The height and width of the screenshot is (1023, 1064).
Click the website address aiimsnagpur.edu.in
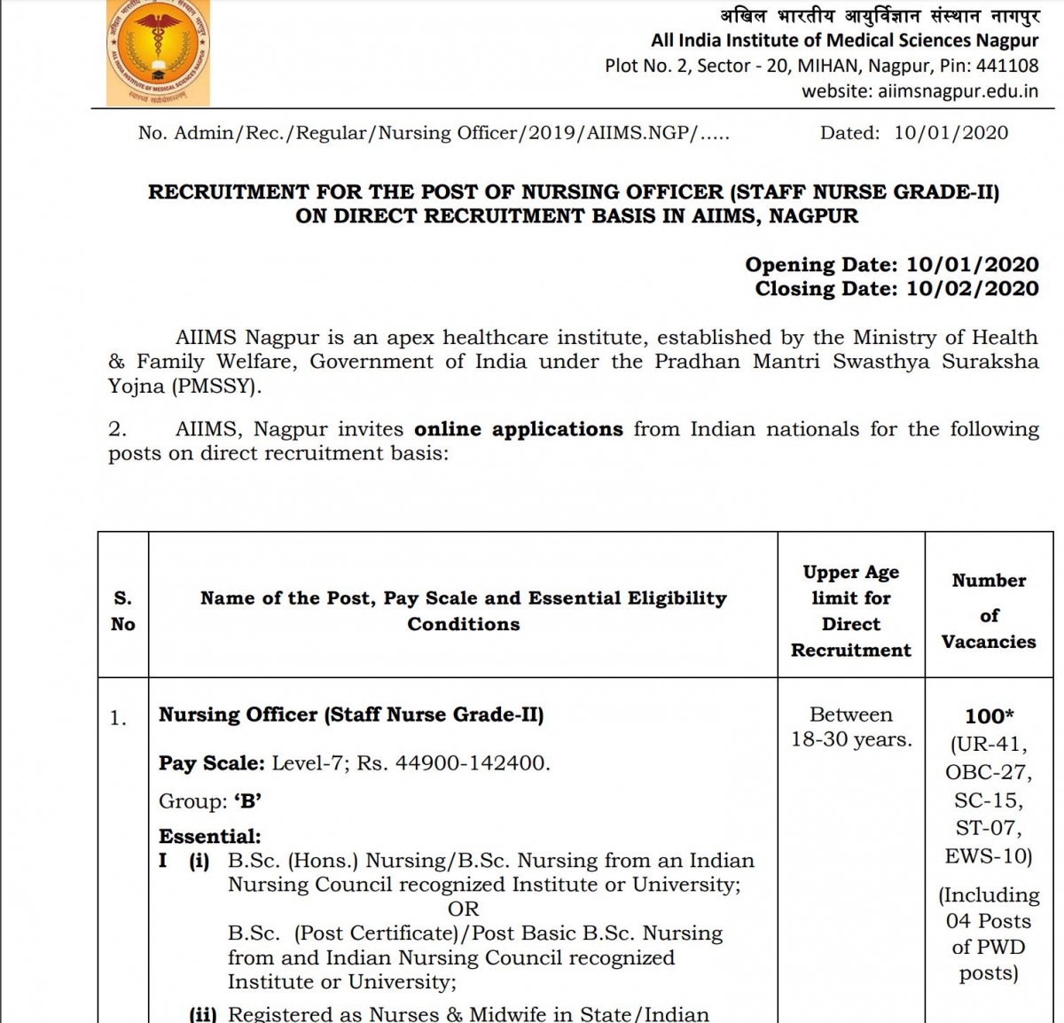[x=958, y=91]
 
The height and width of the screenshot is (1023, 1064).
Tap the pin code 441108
[x=1007, y=66]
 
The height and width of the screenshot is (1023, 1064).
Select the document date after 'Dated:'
[x=951, y=133]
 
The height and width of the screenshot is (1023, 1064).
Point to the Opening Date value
[x=972, y=265]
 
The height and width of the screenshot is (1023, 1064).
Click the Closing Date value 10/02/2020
[x=972, y=289]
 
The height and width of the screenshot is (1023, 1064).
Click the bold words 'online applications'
[x=519, y=430]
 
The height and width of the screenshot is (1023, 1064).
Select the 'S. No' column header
[x=123, y=611]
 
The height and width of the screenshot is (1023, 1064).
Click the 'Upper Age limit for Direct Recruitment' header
[x=850, y=611]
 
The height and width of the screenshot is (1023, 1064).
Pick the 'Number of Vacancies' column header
[x=989, y=611]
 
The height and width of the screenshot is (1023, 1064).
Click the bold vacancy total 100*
[x=989, y=716]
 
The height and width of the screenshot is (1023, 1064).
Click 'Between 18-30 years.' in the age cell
[x=850, y=727]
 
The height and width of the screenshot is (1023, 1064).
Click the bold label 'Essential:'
[x=210, y=837]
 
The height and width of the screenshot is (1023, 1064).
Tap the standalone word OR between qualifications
[x=463, y=910]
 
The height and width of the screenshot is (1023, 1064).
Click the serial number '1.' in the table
[x=119, y=719]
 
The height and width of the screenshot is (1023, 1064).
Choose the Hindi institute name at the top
[x=879, y=16]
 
